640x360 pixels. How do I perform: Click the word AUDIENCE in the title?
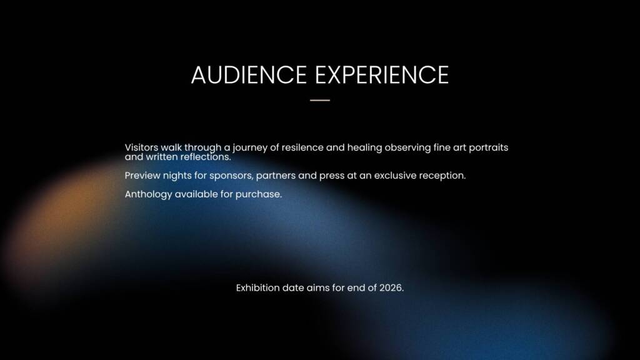[249, 75]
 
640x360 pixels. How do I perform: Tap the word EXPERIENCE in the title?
[382, 75]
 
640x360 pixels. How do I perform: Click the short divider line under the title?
[320, 100]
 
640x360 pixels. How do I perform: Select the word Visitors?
[141, 147]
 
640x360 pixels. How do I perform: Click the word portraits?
[488, 148]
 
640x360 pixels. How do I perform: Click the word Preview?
[142, 176]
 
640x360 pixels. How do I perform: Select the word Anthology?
[148, 195]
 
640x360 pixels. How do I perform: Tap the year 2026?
[391, 287]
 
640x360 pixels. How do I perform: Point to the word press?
[331, 176]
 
